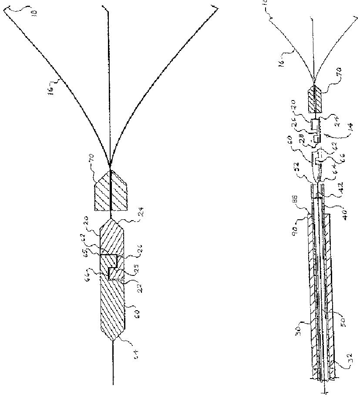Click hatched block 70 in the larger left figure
click(111, 190)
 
